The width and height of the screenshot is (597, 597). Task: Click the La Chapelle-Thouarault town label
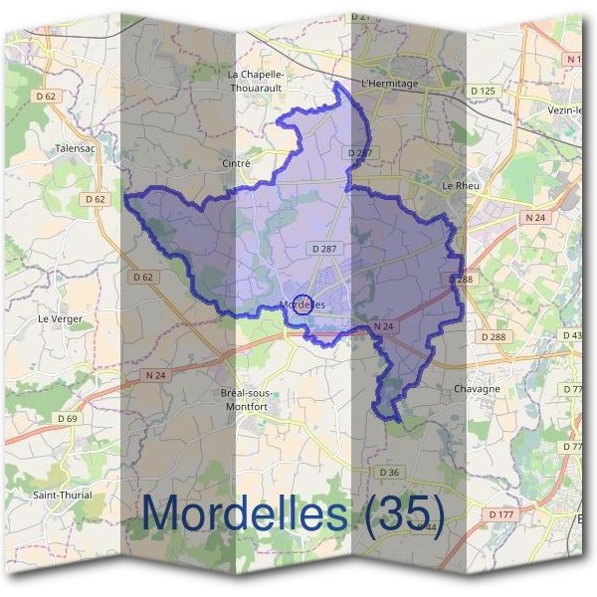pyautogui.click(x=256, y=79)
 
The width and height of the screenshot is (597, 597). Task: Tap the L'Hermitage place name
pyautogui.click(x=390, y=84)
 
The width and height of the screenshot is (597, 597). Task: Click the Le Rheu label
pyautogui.click(x=462, y=185)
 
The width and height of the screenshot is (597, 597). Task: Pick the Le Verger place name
pyautogui.click(x=59, y=318)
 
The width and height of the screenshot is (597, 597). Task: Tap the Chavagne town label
pyautogui.click(x=476, y=388)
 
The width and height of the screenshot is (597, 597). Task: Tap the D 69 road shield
pyautogui.click(x=67, y=419)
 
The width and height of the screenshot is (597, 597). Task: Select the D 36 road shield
pyautogui.click(x=389, y=472)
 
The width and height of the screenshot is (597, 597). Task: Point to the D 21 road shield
pyautogui.click(x=360, y=17)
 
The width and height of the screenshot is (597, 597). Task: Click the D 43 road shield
pyautogui.click(x=572, y=335)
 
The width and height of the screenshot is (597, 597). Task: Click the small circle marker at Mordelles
pyautogui.click(x=305, y=305)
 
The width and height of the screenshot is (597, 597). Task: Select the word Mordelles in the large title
pyautogui.click(x=246, y=513)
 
